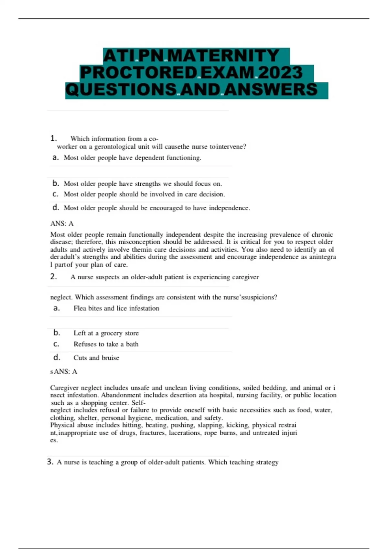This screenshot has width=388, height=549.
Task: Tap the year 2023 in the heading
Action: pos(280,72)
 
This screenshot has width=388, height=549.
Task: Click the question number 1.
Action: pos(53,139)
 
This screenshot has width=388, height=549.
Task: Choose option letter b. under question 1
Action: pos(56,183)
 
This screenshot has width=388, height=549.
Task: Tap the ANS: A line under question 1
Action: pos(62,223)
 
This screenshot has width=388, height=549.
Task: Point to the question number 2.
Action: pos(53,277)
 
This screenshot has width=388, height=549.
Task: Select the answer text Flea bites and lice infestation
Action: pos(116,308)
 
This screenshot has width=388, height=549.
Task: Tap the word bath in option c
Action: pos(132,344)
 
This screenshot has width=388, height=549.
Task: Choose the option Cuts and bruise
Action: pos(96,358)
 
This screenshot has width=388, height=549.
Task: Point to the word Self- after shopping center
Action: pos(139,403)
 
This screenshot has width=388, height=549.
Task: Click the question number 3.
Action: pos(50,462)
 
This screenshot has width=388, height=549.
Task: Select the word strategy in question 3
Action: pos(267,462)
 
